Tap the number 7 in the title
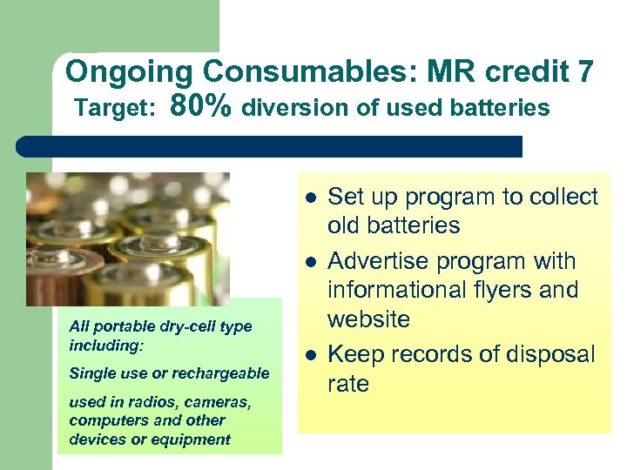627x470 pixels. (x=584, y=71)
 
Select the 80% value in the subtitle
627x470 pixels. (x=201, y=107)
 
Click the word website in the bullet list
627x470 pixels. (x=368, y=319)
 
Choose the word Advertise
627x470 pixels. (x=376, y=261)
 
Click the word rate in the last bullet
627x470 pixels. (x=347, y=384)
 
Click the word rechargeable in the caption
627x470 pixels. (x=228, y=373)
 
